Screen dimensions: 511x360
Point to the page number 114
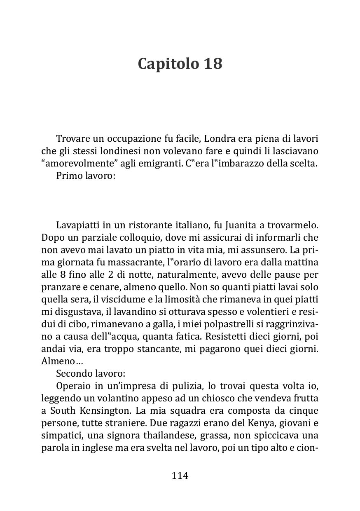pyautogui.click(x=180, y=476)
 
